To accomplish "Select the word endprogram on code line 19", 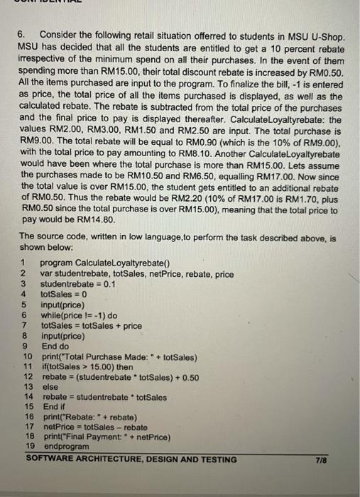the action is [67, 447].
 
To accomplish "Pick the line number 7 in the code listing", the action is [24, 325].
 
